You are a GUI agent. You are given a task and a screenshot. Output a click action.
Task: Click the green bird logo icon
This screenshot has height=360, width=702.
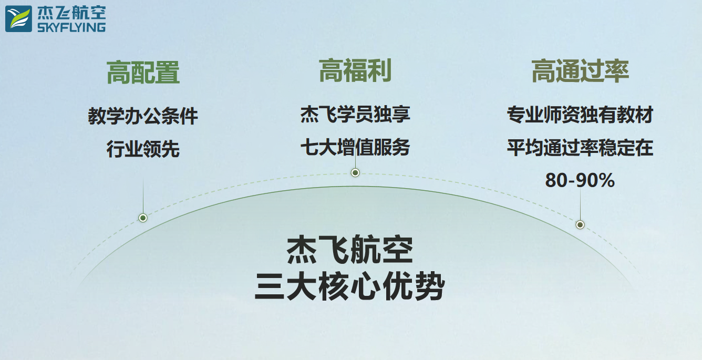pos(18,19)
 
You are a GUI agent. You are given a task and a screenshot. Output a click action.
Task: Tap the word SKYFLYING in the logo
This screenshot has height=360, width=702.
pos(71,27)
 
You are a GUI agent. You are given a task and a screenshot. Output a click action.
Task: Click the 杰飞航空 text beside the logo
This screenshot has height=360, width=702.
pos(71,13)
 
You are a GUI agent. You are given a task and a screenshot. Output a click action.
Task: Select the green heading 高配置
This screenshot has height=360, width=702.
pos(143,73)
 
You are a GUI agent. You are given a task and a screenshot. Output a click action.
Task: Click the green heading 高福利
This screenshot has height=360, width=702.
pos(355,70)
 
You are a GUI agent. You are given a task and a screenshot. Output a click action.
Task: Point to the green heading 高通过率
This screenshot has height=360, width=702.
pos(580,71)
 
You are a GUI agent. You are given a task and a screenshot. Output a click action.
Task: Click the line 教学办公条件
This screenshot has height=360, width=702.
pos(143,116)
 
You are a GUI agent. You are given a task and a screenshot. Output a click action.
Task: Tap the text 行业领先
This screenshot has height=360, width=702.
pos(143,149)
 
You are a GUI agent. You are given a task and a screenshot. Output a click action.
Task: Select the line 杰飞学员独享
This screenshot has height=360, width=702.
pos(355,114)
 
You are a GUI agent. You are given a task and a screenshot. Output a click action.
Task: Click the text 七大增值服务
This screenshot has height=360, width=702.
pos(355,147)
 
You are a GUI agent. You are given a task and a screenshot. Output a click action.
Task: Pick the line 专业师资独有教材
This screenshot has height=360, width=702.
pos(580,115)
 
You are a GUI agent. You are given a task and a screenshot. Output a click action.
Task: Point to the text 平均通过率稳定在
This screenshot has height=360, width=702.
pos(580,148)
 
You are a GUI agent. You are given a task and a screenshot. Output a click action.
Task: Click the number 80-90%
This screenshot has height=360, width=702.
pos(580,180)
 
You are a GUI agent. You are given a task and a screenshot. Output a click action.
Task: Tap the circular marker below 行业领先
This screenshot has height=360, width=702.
pos(143,218)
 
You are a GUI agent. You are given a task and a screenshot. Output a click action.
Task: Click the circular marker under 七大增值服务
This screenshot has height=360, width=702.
pos(355,172)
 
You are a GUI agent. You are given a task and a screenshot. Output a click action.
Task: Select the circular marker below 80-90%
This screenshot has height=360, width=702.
pos(580,224)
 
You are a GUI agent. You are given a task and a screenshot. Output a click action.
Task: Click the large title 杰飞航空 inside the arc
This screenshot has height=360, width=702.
pos(350,250)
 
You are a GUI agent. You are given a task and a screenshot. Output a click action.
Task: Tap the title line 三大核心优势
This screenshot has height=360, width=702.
pos(350,286)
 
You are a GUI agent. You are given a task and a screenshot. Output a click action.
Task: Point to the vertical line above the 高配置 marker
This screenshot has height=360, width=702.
pos(143,196)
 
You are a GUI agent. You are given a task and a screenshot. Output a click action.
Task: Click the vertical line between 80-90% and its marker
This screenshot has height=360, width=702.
pos(580,205)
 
